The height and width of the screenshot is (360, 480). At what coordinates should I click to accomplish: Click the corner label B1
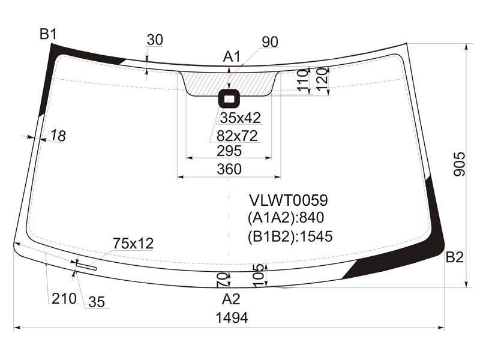click(x=49, y=34)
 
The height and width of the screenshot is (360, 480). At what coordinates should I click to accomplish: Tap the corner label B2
click(x=455, y=257)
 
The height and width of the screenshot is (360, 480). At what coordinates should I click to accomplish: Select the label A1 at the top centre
click(x=232, y=56)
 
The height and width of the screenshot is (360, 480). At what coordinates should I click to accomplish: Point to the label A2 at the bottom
click(x=231, y=299)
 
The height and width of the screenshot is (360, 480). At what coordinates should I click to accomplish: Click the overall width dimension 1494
click(x=232, y=318)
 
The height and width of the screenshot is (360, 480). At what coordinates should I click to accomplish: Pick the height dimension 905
click(x=459, y=164)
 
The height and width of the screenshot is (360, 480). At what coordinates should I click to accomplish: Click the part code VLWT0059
click(x=289, y=200)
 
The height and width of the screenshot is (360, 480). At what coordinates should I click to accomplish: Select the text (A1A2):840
click(x=286, y=218)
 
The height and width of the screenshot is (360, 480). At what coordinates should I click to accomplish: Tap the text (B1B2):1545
click(x=290, y=236)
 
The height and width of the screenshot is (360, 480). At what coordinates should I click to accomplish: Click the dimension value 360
click(x=229, y=169)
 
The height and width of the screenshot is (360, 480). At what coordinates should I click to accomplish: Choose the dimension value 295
click(x=229, y=151)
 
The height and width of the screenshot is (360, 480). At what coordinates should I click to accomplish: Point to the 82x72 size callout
click(x=237, y=136)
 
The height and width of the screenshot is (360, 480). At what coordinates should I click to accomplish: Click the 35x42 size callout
click(x=241, y=118)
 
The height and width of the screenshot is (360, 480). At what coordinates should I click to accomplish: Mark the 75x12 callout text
click(x=133, y=244)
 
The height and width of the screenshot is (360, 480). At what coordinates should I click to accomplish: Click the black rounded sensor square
click(x=229, y=98)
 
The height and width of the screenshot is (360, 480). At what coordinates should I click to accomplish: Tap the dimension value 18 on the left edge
click(x=58, y=136)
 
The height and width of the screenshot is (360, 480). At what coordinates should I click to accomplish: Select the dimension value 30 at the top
click(x=155, y=40)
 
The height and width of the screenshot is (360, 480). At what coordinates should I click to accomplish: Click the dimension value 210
click(x=64, y=298)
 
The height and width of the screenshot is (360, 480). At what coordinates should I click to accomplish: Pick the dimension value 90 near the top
click(x=270, y=42)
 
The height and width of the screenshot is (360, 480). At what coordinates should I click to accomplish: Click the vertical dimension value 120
click(x=322, y=80)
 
